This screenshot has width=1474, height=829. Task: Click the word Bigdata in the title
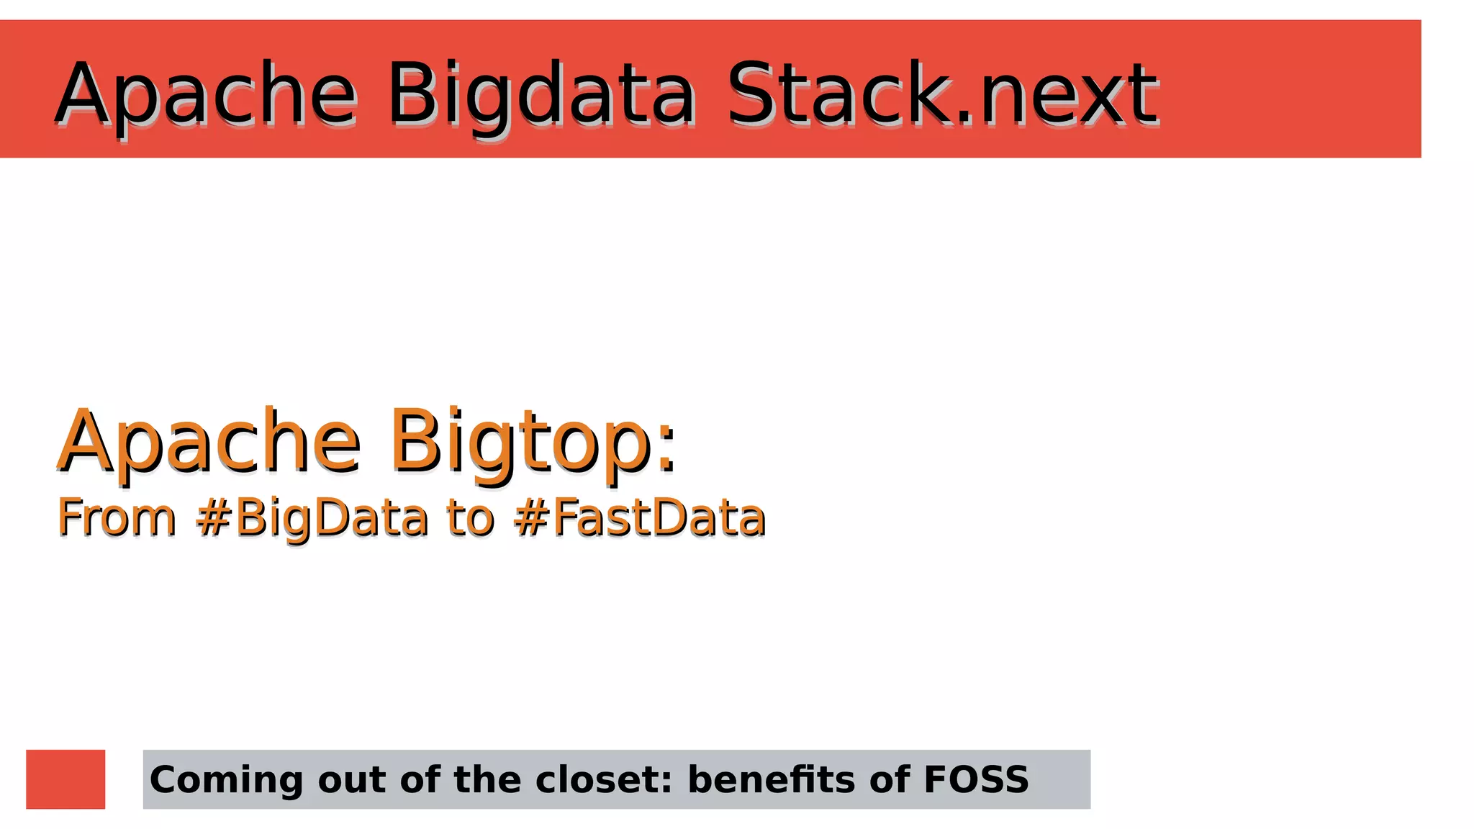541,95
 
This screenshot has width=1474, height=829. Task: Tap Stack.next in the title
943,94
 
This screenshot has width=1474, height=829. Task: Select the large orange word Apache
209,440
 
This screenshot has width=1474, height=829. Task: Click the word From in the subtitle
117,517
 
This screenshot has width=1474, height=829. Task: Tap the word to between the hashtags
470,517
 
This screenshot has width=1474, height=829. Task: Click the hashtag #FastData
640,517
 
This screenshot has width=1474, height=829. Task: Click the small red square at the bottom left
65,779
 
